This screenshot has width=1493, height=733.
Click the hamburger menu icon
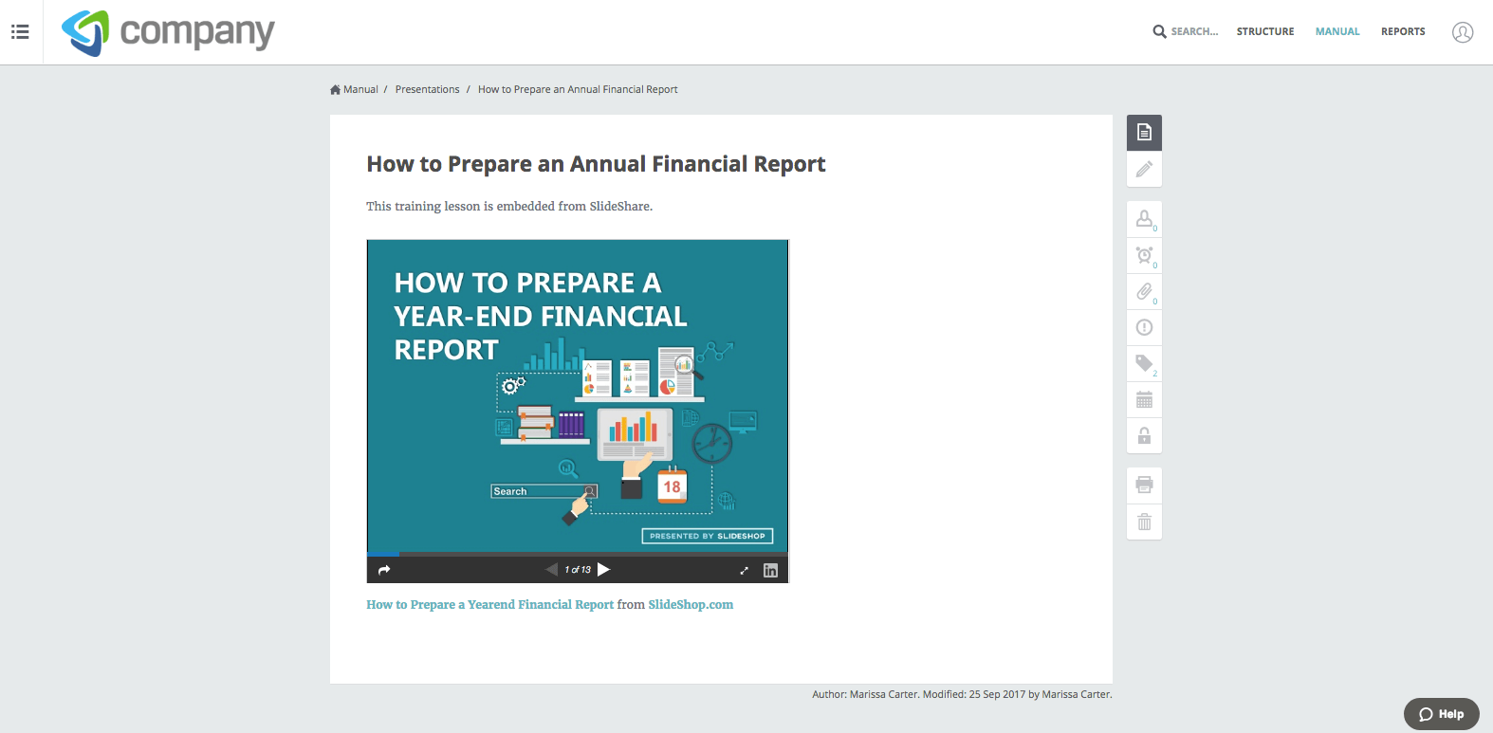(x=20, y=31)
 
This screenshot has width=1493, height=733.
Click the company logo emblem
(x=85, y=32)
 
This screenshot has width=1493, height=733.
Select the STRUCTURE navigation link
(x=1265, y=31)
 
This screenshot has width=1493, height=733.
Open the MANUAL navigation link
(x=1337, y=31)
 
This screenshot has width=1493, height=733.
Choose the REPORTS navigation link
(x=1403, y=31)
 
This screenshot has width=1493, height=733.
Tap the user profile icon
(x=1463, y=32)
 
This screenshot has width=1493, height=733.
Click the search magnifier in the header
(x=1159, y=31)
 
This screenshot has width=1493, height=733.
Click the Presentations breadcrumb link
(x=427, y=89)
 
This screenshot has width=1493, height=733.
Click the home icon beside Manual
(x=335, y=89)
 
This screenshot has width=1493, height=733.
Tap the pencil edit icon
(x=1144, y=169)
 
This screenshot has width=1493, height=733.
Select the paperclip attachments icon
(x=1144, y=291)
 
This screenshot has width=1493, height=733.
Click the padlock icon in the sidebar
(x=1144, y=436)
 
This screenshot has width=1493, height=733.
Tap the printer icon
(x=1144, y=485)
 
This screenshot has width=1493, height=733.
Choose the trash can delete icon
(x=1144, y=522)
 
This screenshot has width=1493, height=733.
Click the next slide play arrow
(x=604, y=569)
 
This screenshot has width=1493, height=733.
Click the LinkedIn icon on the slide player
(x=770, y=571)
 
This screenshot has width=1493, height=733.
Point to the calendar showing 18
(x=672, y=486)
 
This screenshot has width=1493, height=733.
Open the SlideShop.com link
(x=691, y=604)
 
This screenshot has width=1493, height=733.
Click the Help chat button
(x=1441, y=714)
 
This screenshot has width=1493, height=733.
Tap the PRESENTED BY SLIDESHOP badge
(x=708, y=536)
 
